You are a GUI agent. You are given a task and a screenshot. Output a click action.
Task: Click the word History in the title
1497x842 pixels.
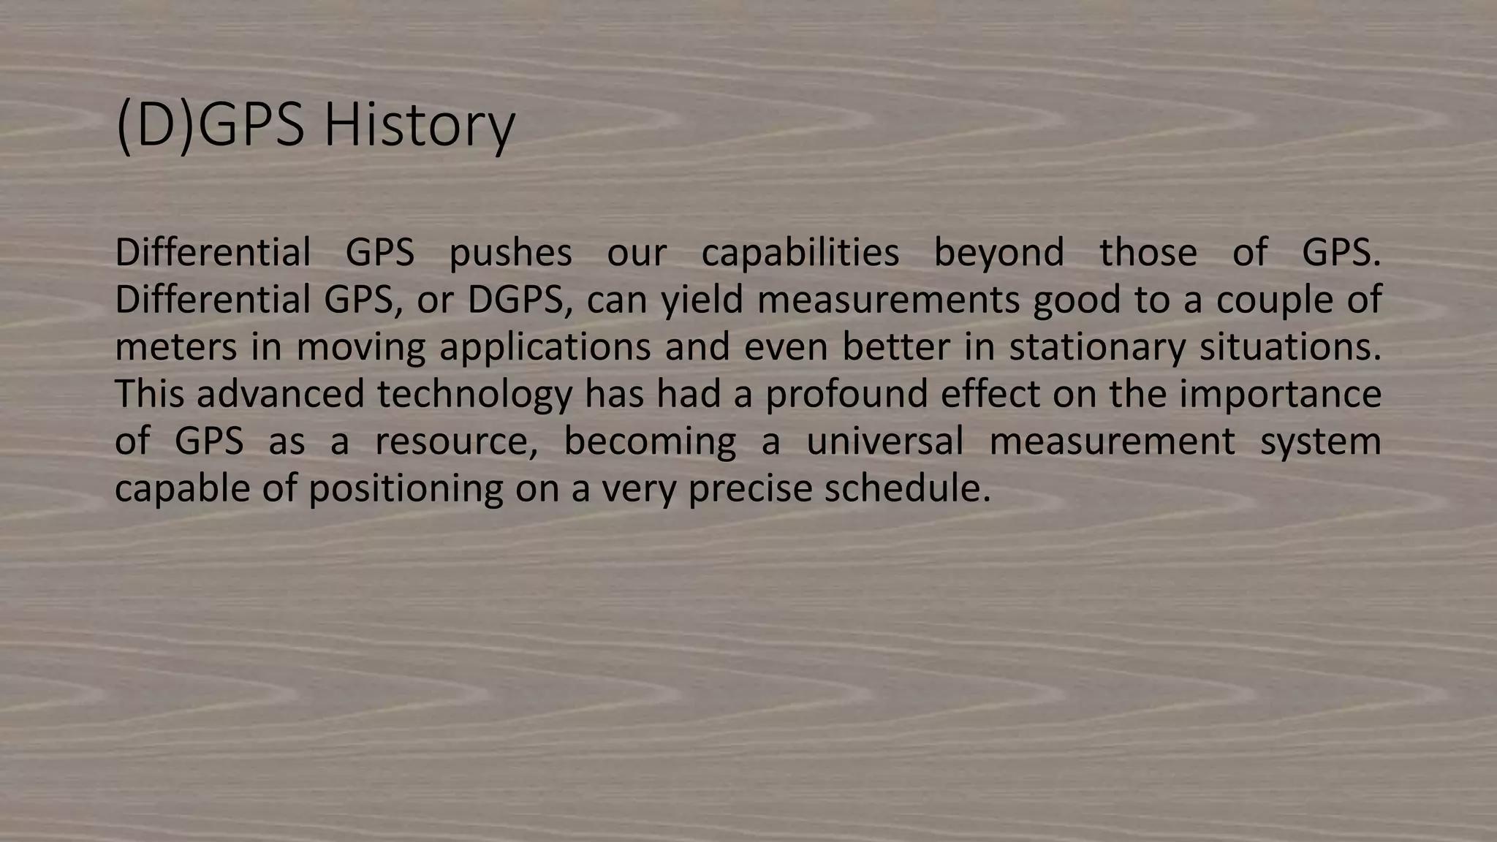(419, 126)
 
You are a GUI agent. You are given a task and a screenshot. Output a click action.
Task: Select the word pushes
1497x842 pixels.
(510, 253)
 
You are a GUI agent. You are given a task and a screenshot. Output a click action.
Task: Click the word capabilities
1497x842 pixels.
(800, 253)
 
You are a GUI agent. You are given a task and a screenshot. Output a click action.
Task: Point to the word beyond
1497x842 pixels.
(999, 253)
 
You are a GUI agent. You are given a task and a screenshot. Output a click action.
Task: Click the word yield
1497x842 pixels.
(702, 300)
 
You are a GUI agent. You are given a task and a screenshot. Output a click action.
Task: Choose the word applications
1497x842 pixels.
(545, 346)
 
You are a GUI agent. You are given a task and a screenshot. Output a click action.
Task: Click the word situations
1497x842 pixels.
(1290, 346)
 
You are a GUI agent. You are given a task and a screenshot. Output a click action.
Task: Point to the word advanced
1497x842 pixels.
(280, 394)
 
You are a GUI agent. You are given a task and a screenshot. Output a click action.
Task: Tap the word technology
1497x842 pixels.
(474, 394)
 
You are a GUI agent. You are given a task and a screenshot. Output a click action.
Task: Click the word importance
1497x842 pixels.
(1280, 394)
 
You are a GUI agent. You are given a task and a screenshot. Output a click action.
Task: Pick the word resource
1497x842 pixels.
(456, 441)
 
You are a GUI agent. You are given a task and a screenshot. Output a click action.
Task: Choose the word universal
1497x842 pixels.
(884, 441)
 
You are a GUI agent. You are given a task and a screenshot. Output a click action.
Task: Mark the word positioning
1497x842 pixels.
(406, 488)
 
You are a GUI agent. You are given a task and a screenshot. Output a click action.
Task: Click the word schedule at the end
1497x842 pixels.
(907, 488)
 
